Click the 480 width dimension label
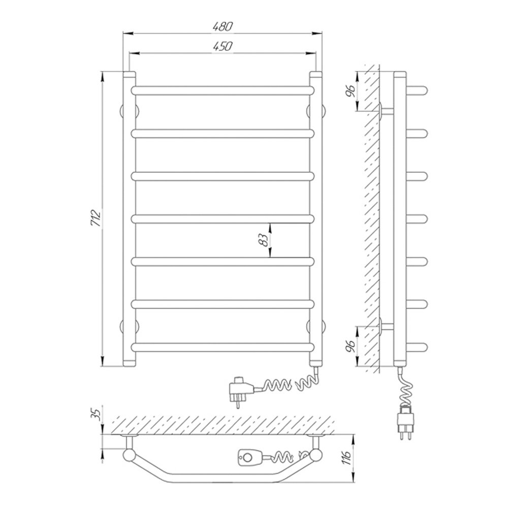point(223,26)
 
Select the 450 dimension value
point(223,46)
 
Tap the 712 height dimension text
point(96,219)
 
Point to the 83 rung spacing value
point(265,240)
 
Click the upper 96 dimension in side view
point(350,91)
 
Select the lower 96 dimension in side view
point(350,346)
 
